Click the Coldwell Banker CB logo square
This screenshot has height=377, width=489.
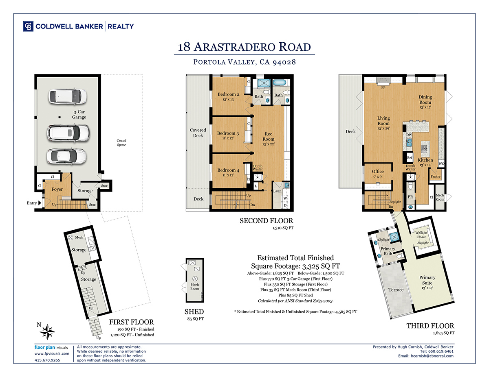pyautogui.click(x=28, y=26)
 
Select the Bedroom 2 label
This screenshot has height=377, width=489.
pyautogui.click(x=229, y=94)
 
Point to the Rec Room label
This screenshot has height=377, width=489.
pyautogui.click(x=269, y=136)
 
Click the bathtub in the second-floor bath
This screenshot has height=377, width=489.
pyautogui.click(x=280, y=83)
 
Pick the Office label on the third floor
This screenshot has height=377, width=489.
pyautogui.click(x=378, y=171)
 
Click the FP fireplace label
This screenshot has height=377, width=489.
pyautogui.click(x=383, y=88)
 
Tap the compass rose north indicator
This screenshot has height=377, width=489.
pyautogui.click(x=48, y=331)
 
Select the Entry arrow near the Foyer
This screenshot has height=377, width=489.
pyautogui.click(x=40, y=203)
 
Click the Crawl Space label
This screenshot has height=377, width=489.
pyautogui.click(x=121, y=143)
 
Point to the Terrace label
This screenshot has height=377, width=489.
pyautogui.click(x=396, y=290)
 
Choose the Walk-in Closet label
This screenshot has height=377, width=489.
pyautogui.click(x=421, y=235)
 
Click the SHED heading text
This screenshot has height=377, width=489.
pyautogui.click(x=194, y=312)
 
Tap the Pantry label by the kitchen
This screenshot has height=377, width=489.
pyautogui.click(x=436, y=177)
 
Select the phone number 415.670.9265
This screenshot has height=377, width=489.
pyautogui.click(x=47, y=360)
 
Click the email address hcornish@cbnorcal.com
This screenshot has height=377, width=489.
pyautogui.click(x=432, y=356)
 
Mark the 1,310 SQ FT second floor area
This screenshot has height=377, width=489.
pyautogui.click(x=283, y=228)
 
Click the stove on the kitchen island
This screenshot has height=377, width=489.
pyautogui.click(x=424, y=149)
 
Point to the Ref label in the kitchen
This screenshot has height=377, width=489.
pyautogui.click(x=410, y=158)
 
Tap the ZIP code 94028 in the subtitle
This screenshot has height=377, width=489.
pyautogui.click(x=284, y=62)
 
